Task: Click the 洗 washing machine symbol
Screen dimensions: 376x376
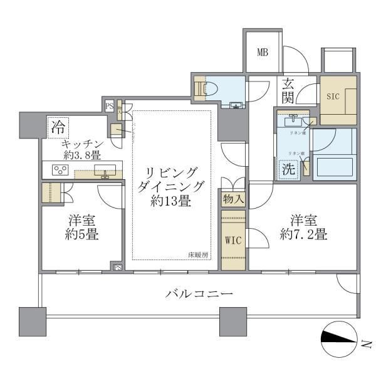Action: click(288, 168)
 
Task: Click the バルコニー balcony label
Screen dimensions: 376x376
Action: click(199, 293)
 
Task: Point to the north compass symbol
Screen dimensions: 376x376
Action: click(342, 338)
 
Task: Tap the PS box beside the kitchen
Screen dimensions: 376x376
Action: click(109, 106)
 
